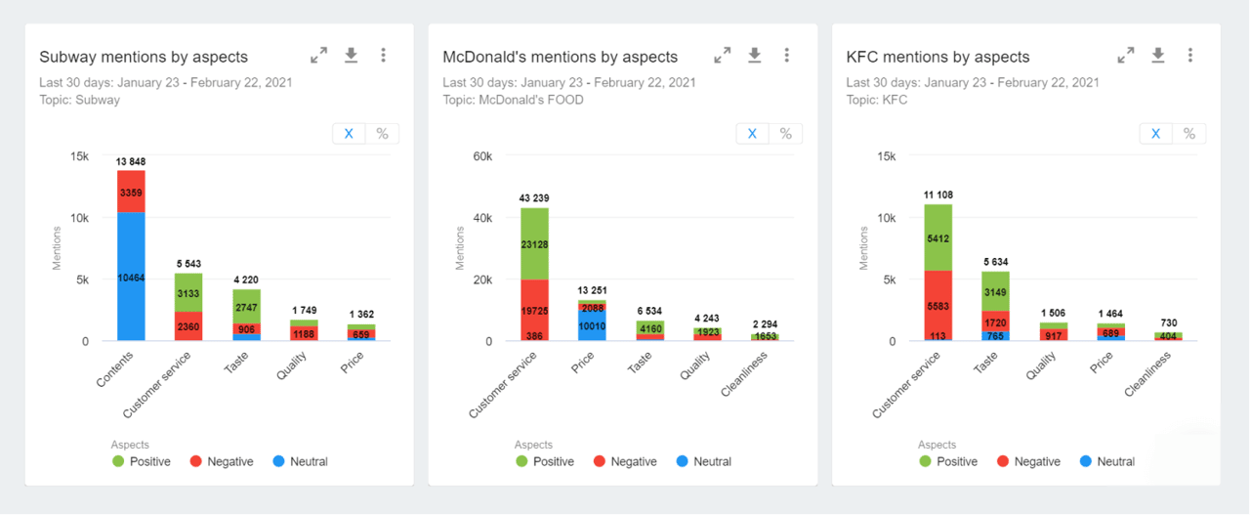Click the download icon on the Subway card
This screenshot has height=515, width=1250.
tap(352, 56)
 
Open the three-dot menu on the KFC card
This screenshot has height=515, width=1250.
tap(1189, 56)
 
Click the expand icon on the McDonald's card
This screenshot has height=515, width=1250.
tap(722, 56)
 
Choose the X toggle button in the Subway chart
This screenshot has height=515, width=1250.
tap(349, 134)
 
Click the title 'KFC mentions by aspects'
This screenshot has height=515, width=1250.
tap(937, 57)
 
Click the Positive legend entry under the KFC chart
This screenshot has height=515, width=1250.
tap(947, 461)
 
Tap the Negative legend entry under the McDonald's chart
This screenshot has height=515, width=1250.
tap(624, 461)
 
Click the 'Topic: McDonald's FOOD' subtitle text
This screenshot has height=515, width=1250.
tap(513, 100)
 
